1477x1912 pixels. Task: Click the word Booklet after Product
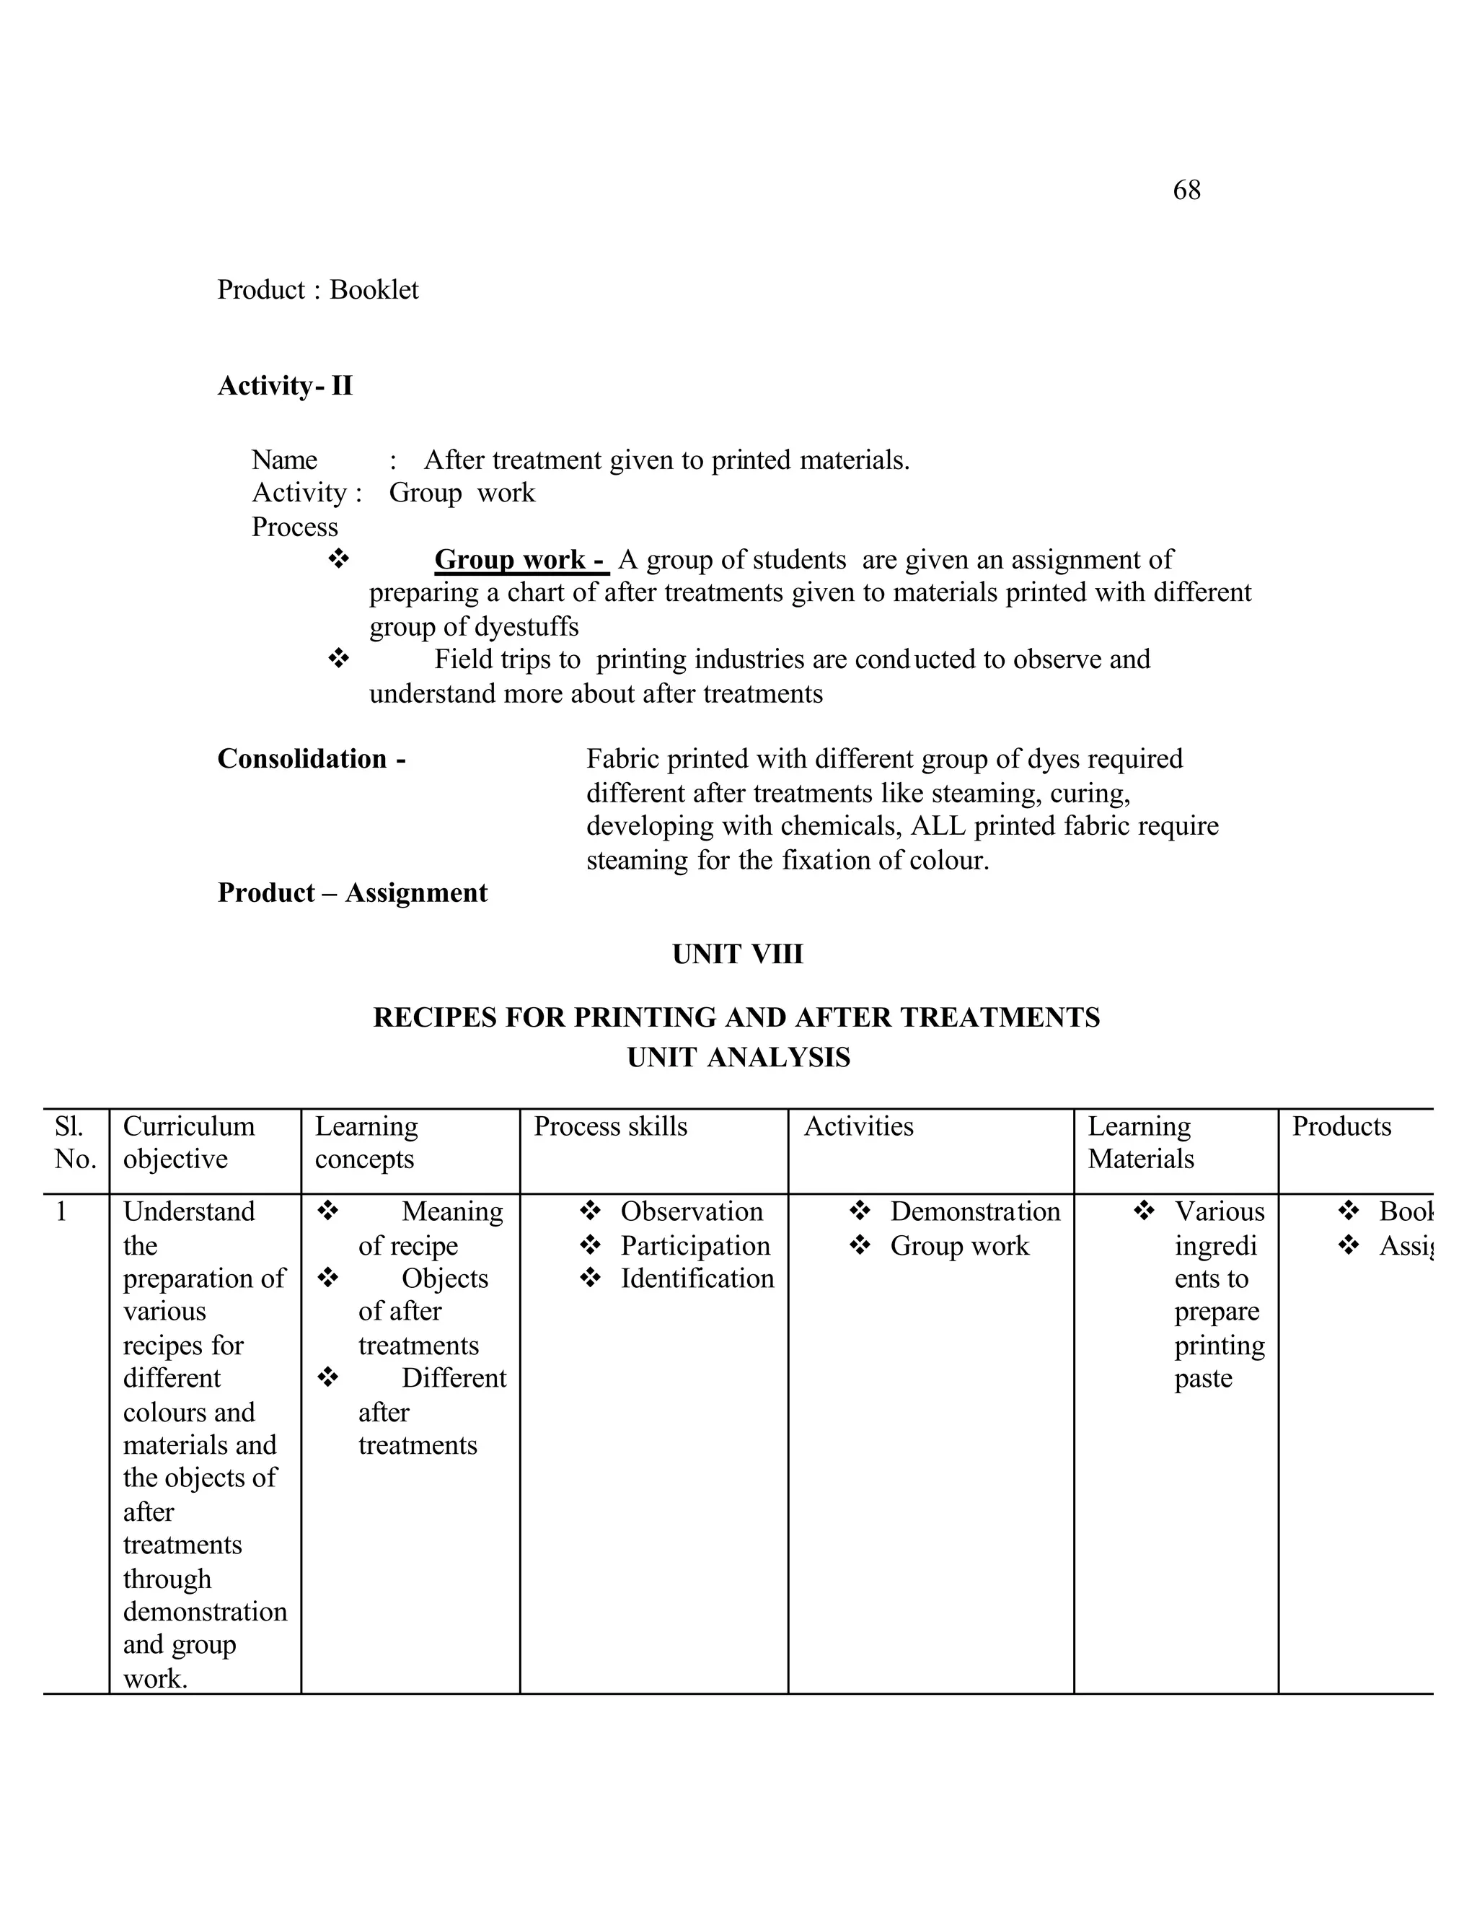pos(374,290)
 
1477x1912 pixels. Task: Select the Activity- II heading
pos(284,386)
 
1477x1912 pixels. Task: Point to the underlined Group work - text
pos(521,559)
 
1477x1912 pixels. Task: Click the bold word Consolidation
pos(302,759)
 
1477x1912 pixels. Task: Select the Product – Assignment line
pos(352,893)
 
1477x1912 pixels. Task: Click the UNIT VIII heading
pos(737,955)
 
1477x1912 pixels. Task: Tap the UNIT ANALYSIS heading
pos(738,1058)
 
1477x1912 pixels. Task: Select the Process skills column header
pos(610,1127)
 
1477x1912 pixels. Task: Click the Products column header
pos(1341,1127)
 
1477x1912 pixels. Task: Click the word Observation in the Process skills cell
pos(691,1211)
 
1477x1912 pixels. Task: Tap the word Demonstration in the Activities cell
pos(975,1211)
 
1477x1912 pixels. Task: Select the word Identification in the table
pos(697,1279)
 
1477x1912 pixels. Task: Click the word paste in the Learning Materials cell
pos(1202,1379)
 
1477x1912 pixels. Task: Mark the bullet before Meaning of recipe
pos(328,1211)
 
